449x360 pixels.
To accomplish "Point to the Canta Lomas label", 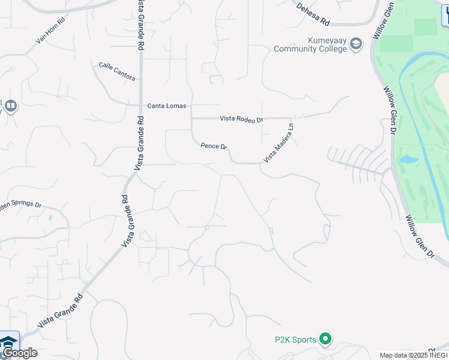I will coord(167,106).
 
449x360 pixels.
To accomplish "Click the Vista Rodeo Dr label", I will coord(241,119).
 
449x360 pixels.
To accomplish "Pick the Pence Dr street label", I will coord(214,146).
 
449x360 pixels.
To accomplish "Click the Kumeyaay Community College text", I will coord(310,45).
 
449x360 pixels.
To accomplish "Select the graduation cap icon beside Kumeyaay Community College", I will coord(356,44).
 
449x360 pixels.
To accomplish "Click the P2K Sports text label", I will coord(295,340).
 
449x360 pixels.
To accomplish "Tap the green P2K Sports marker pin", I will coord(325,340).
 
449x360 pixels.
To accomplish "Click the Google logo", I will coord(19,353).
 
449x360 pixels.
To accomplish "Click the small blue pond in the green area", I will coord(408,160).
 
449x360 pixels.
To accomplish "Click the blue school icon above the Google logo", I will coord(8,342).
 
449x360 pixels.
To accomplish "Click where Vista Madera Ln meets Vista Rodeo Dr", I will coord(292,118).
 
